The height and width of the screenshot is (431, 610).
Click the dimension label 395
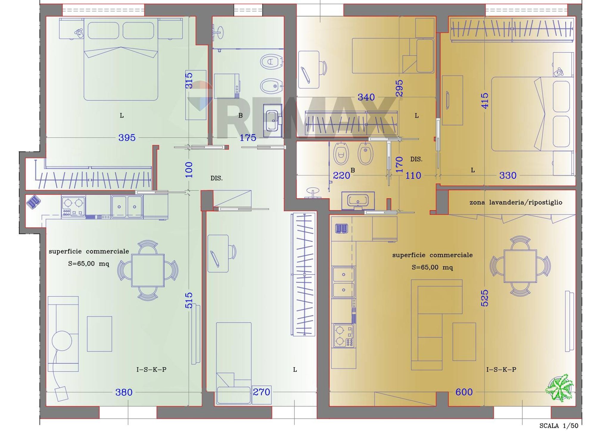pyautogui.click(x=127, y=138)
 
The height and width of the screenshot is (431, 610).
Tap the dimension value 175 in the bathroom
pyautogui.click(x=248, y=138)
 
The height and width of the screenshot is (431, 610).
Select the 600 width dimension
pyautogui.click(x=464, y=392)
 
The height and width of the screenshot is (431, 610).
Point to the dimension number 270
pyautogui.click(x=261, y=392)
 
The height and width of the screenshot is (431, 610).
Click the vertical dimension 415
pyautogui.click(x=485, y=101)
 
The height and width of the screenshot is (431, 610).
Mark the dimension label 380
pyautogui.click(x=124, y=392)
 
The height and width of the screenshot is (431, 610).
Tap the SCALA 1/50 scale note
pyautogui.click(x=559, y=426)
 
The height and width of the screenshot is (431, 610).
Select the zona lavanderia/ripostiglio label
pyautogui.click(x=516, y=203)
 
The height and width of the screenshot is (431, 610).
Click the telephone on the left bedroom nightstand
pyautogui.click(x=80, y=32)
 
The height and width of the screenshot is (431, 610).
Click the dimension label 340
pyautogui.click(x=366, y=97)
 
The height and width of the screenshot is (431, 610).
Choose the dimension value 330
pyautogui.click(x=508, y=175)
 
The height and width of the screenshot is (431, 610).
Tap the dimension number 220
pyautogui.click(x=341, y=175)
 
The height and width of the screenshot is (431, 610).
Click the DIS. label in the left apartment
pyautogui.click(x=217, y=178)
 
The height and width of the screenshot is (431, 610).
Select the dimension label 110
pyautogui.click(x=413, y=175)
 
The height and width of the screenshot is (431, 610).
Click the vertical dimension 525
pyautogui.click(x=485, y=298)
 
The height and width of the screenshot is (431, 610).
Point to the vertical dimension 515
pyautogui.click(x=189, y=300)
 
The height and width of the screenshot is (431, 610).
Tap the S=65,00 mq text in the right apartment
pyautogui.click(x=432, y=267)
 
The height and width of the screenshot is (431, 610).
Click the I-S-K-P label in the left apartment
pyautogui.click(x=151, y=370)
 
